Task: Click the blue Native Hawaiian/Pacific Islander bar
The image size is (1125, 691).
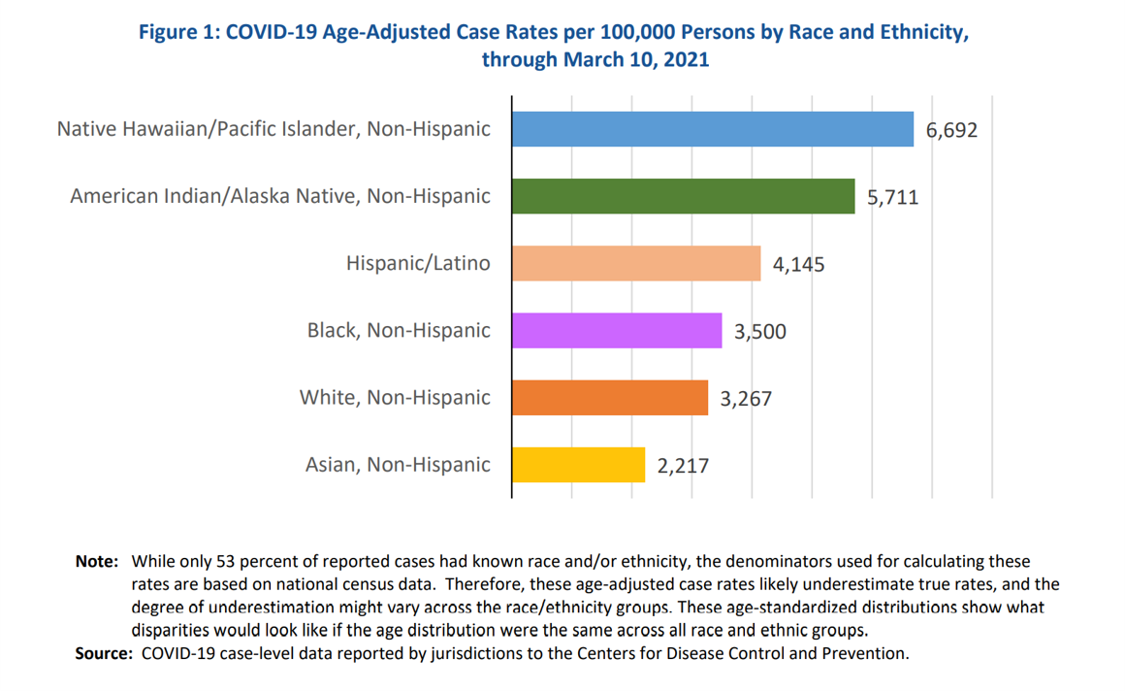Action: tap(712, 129)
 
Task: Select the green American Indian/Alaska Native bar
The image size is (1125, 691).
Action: tap(683, 196)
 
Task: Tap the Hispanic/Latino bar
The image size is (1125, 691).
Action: tap(636, 263)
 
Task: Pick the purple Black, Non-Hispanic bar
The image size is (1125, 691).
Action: tap(617, 330)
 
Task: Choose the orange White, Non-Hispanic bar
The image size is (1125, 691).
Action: tap(610, 397)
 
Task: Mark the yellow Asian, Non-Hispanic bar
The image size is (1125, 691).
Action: tap(578, 465)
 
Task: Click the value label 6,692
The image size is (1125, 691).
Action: tap(951, 129)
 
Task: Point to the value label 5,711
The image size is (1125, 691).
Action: tap(892, 197)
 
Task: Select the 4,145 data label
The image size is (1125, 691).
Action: tap(798, 264)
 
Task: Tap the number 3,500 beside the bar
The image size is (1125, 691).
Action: tap(760, 332)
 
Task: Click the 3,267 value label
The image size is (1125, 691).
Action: tap(746, 398)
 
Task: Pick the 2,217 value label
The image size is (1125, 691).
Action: tap(683, 466)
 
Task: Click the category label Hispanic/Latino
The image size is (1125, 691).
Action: tap(418, 263)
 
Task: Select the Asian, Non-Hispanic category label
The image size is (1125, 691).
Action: tap(398, 465)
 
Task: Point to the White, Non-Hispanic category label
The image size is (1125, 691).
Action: tap(395, 397)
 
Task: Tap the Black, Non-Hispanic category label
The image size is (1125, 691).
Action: tap(399, 330)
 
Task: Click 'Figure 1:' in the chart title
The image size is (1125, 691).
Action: tap(179, 32)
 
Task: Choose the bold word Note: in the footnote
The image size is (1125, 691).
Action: tap(97, 562)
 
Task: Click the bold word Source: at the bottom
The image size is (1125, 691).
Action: tap(104, 653)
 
